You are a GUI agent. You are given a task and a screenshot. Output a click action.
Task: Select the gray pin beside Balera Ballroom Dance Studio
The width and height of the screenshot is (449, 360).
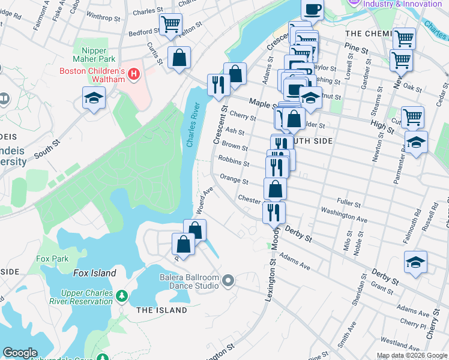[228, 280]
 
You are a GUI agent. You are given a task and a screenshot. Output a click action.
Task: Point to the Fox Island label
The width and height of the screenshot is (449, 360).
[95, 273]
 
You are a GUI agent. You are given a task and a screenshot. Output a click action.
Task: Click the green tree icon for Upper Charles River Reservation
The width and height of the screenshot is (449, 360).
[122, 296]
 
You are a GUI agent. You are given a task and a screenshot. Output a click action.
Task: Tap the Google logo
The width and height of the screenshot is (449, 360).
[20, 353]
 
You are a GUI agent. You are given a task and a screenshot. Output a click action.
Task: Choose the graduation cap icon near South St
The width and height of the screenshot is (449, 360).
[94, 98]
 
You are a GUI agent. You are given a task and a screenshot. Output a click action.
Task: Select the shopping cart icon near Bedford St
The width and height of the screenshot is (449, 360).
[171, 25]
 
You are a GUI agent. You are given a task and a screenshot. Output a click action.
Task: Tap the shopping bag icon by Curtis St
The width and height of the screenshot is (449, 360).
[179, 58]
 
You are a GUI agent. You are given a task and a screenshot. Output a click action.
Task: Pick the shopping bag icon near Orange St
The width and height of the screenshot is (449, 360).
[275, 188]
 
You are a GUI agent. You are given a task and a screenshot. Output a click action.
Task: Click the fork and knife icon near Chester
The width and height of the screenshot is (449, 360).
[274, 211]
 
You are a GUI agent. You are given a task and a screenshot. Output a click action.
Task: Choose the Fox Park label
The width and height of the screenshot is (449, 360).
[52, 259]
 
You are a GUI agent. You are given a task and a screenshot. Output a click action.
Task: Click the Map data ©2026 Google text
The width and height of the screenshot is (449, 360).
[411, 355]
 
